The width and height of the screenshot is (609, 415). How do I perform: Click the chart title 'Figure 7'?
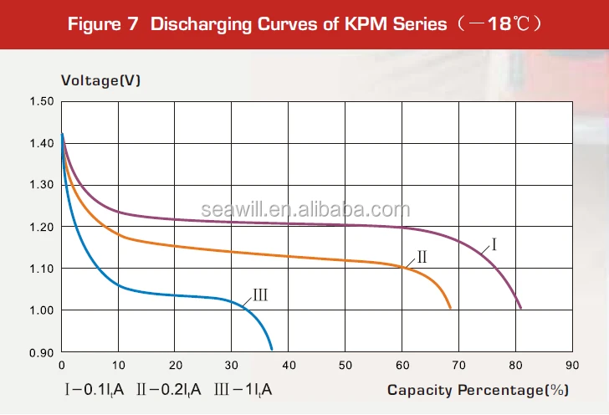[x=103, y=23]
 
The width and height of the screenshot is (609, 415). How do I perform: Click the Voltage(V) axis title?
[x=100, y=80]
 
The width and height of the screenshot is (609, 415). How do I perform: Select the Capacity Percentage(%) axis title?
[x=478, y=390]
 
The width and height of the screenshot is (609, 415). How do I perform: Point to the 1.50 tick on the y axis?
[x=41, y=101]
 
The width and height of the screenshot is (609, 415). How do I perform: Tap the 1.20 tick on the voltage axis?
[x=41, y=227]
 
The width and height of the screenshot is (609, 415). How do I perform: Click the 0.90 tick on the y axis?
[x=41, y=352]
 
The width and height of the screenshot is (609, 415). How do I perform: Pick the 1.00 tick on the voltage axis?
[x=41, y=310]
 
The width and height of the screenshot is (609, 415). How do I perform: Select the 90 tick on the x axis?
[x=572, y=366]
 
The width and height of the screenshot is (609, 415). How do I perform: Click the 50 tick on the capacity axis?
[x=345, y=366]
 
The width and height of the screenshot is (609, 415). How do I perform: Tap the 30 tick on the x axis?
[x=232, y=366]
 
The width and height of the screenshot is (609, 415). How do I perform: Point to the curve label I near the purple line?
[x=494, y=245]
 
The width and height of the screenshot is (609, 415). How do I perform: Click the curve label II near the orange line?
[x=422, y=257]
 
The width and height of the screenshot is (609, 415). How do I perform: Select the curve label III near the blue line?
[x=259, y=295]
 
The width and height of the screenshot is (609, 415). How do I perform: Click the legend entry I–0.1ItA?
[x=95, y=390]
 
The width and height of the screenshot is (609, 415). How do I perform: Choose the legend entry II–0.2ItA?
[x=168, y=390]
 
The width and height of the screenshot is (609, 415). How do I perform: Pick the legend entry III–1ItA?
[x=243, y=390]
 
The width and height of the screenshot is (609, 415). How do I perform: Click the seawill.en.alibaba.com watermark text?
[x=305, y=210]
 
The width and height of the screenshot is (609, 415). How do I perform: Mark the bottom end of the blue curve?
[x=272, y=348]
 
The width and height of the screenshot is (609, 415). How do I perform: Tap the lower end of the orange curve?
[x=451, y=308]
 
